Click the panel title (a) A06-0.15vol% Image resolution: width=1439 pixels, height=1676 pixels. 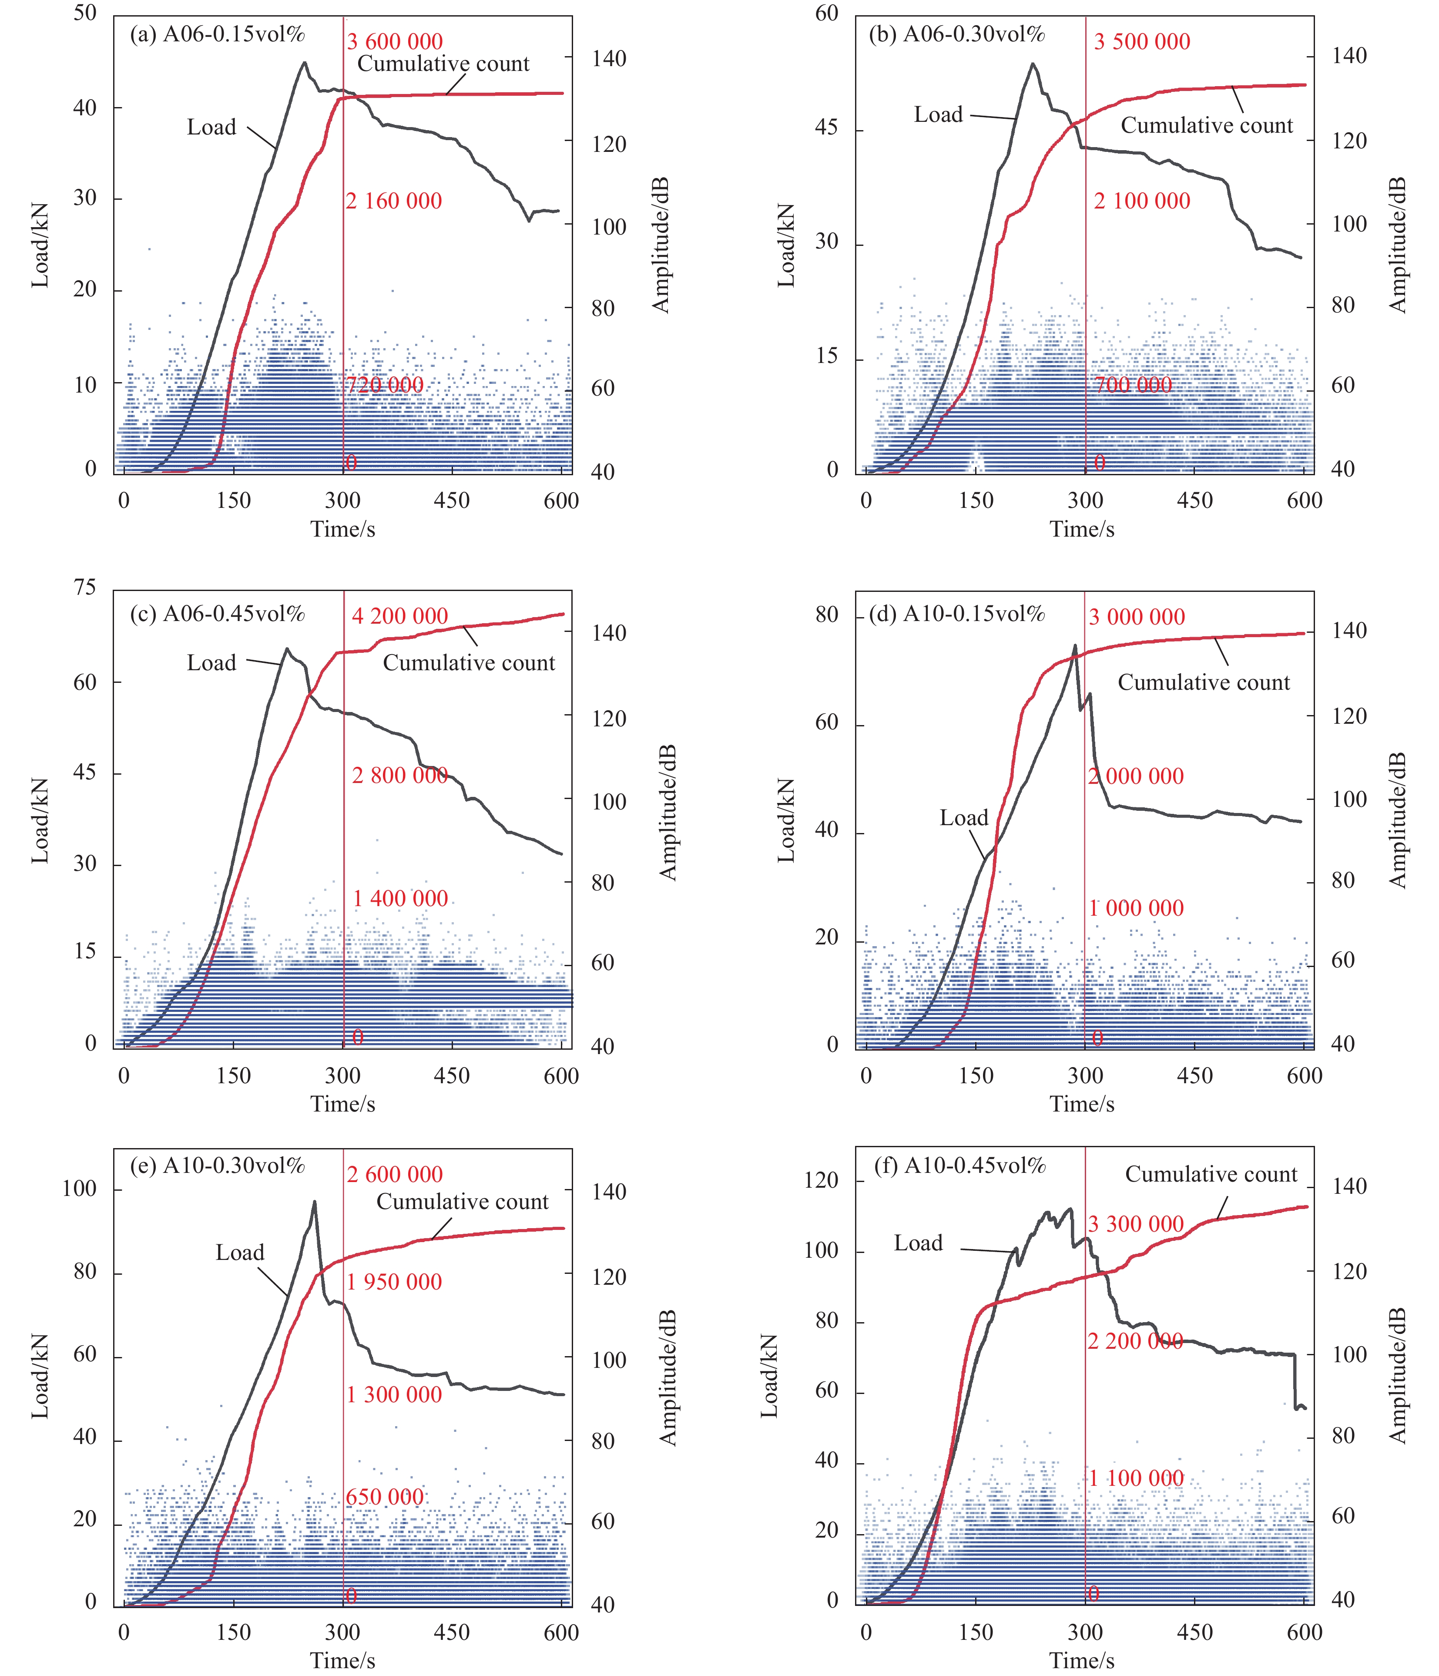pyautogui.click(x=218, y=34)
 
